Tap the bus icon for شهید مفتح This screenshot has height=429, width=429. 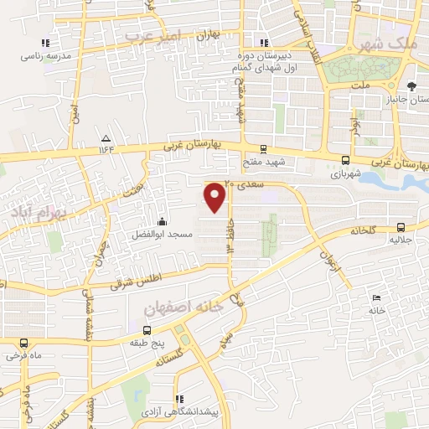[x=264, y=148]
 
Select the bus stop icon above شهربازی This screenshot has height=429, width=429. [x=345, y=159]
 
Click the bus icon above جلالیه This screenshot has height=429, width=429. [x=400, y=226]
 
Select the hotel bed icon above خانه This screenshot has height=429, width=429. [x=376, y=297]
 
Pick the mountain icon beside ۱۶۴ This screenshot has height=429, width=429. [x=106, y=138]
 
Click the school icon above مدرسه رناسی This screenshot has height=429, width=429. [x=45, y=44]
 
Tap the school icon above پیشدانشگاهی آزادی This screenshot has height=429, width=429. [x=178, y=399]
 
